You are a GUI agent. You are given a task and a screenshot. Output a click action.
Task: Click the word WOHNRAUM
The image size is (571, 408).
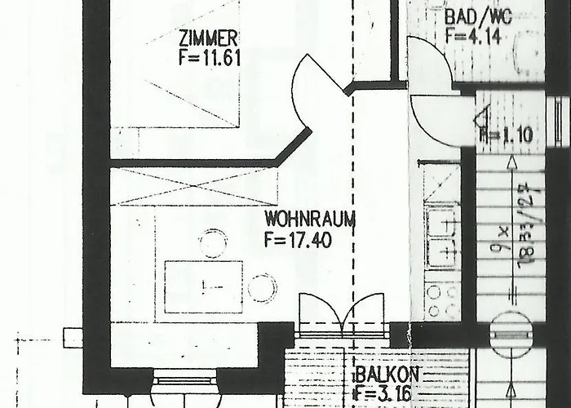click(300, 220)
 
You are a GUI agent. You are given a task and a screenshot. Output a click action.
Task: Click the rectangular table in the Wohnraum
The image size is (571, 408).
click(203, 286)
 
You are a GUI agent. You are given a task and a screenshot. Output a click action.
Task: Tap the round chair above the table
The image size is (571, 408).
click(214, 243)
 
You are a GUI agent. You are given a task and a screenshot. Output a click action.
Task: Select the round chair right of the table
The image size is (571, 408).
click(262, 287)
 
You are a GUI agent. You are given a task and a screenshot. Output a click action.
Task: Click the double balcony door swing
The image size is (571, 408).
click(342, 313)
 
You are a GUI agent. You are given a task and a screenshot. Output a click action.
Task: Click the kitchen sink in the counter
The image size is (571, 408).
click(442, 235)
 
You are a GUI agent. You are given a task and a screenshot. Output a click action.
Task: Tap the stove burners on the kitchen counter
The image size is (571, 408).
click(442, 300)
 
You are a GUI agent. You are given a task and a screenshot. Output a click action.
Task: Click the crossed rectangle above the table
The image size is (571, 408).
click(193, 186)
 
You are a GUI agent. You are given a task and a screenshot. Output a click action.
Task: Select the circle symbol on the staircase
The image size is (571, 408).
click(510, 333)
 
